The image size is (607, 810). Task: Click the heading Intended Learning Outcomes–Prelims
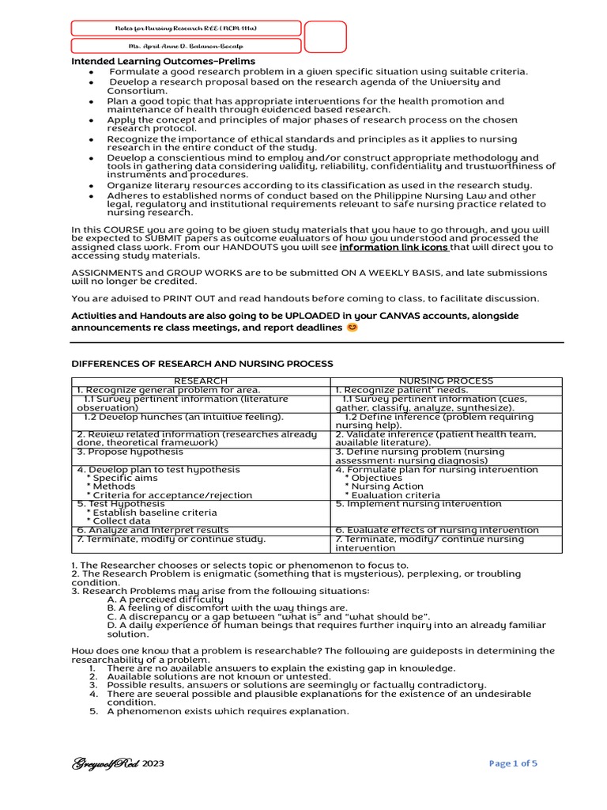pos(164,62)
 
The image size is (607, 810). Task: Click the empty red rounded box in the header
pos(325,37)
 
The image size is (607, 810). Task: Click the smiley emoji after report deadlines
pos(353,327)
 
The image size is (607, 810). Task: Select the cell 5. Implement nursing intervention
pos(418,504)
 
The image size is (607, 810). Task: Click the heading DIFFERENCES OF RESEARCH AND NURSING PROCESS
pos(202,364)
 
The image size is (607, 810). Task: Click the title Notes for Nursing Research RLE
pos(186,28)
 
